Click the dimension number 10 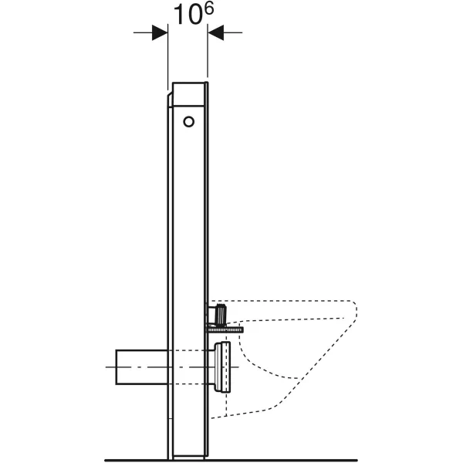pyautogui.click(x=182, y=16)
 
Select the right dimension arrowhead pyautogui.click(x=215, y=32)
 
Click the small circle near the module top pyautogui.click(x=189, y=120)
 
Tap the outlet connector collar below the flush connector pyautogui.click(x=223, y=367)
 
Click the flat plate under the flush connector pyautogui.click(x=224, y=330)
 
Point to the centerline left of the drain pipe pyautogui.click(x=110, y=367)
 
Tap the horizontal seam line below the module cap pyautogui.click(x=188, y=106)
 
